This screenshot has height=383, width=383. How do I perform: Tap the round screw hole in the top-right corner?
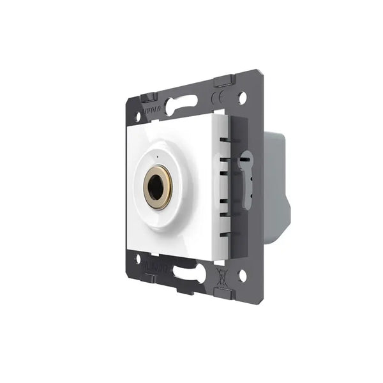click(x=242, y=98)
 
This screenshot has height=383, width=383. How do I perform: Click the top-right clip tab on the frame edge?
click(x=223, y=81)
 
